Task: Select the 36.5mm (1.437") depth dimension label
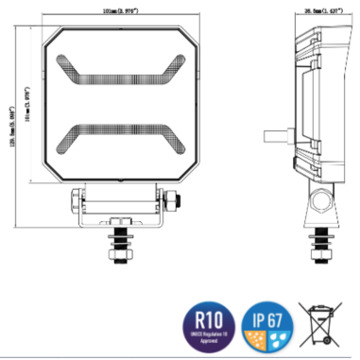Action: pos(322,11)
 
